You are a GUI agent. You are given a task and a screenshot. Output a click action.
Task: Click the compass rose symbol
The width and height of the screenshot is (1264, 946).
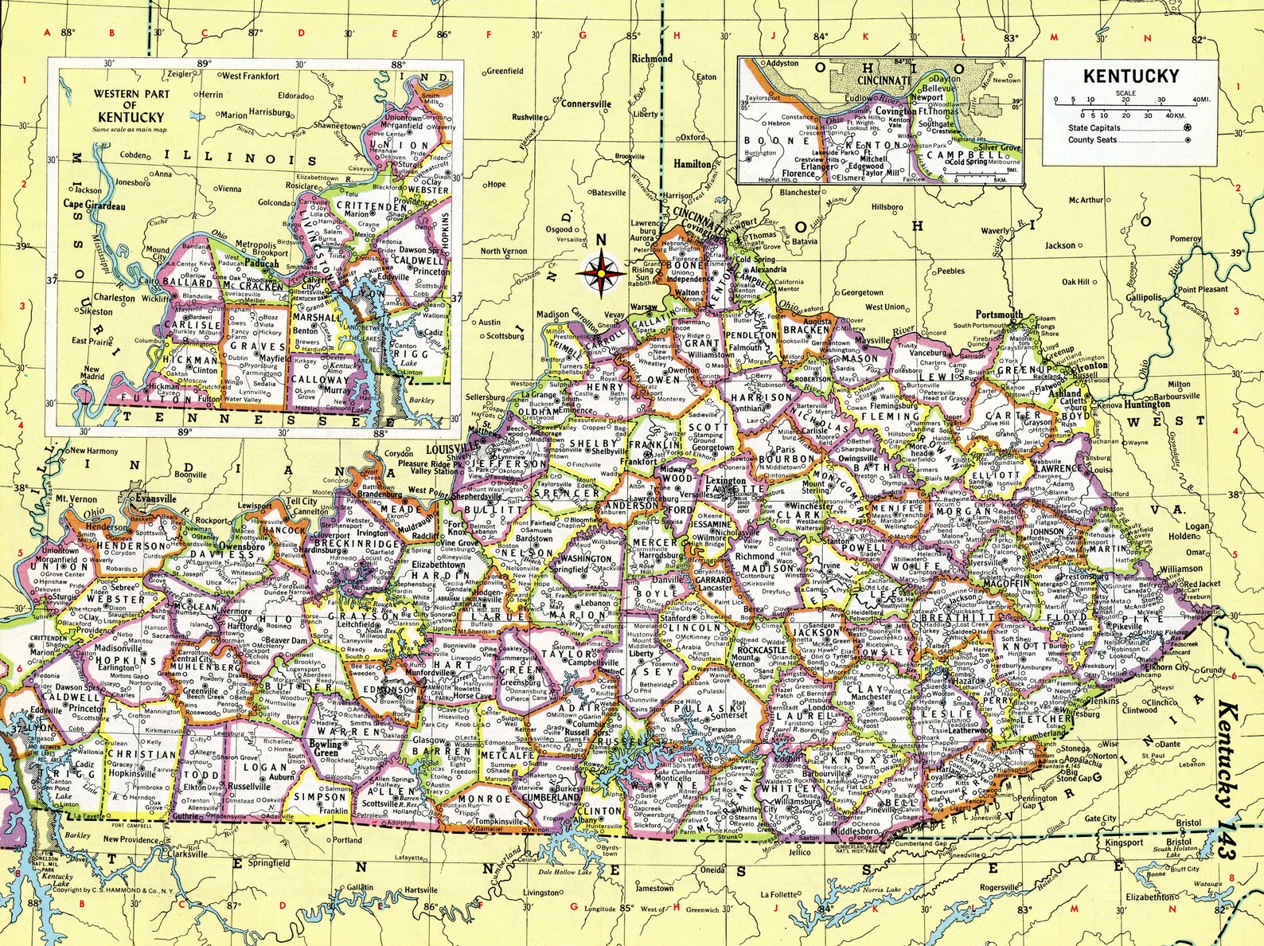click(x=601, y=273)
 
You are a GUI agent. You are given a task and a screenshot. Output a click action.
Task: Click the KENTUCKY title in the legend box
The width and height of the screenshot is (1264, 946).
click(x=1130, y=76)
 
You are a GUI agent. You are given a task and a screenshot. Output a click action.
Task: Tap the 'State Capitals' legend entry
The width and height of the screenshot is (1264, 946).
click(x=1094, y=127)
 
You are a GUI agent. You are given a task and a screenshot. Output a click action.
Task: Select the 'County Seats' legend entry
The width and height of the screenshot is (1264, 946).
click(x=1092, y=139)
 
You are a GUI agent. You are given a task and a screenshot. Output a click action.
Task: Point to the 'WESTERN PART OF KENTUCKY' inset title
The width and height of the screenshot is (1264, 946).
click(x=131, y=104)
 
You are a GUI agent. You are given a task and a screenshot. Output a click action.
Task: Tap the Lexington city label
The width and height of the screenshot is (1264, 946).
click(x=724, y=480)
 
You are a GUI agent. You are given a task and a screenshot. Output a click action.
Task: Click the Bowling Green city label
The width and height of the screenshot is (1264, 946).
click(x=325, y=748)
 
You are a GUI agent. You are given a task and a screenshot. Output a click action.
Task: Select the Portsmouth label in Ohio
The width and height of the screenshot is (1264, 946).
click(x=999, y=315)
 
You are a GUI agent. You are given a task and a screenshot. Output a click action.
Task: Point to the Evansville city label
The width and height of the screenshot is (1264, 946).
click(x=155, y=498)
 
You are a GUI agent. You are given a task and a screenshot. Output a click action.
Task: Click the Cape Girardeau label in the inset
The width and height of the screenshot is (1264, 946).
click(x=94, y=205)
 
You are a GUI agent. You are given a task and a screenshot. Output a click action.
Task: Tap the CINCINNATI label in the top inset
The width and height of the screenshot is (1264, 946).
click(x=884, y=80)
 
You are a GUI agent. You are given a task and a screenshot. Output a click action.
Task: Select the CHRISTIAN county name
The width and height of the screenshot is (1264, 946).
click(x=142, y=754)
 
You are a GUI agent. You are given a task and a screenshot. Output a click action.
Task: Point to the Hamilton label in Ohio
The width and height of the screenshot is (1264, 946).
click(x=692, y=164)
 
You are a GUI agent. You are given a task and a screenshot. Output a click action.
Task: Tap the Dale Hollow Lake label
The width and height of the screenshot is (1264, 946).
click(x=567, y=872)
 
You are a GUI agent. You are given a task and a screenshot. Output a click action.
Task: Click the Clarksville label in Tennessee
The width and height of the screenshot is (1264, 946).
click(x=187, y=854)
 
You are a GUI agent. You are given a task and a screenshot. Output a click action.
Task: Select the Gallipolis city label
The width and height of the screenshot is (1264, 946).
click(x=1143, y=297)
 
